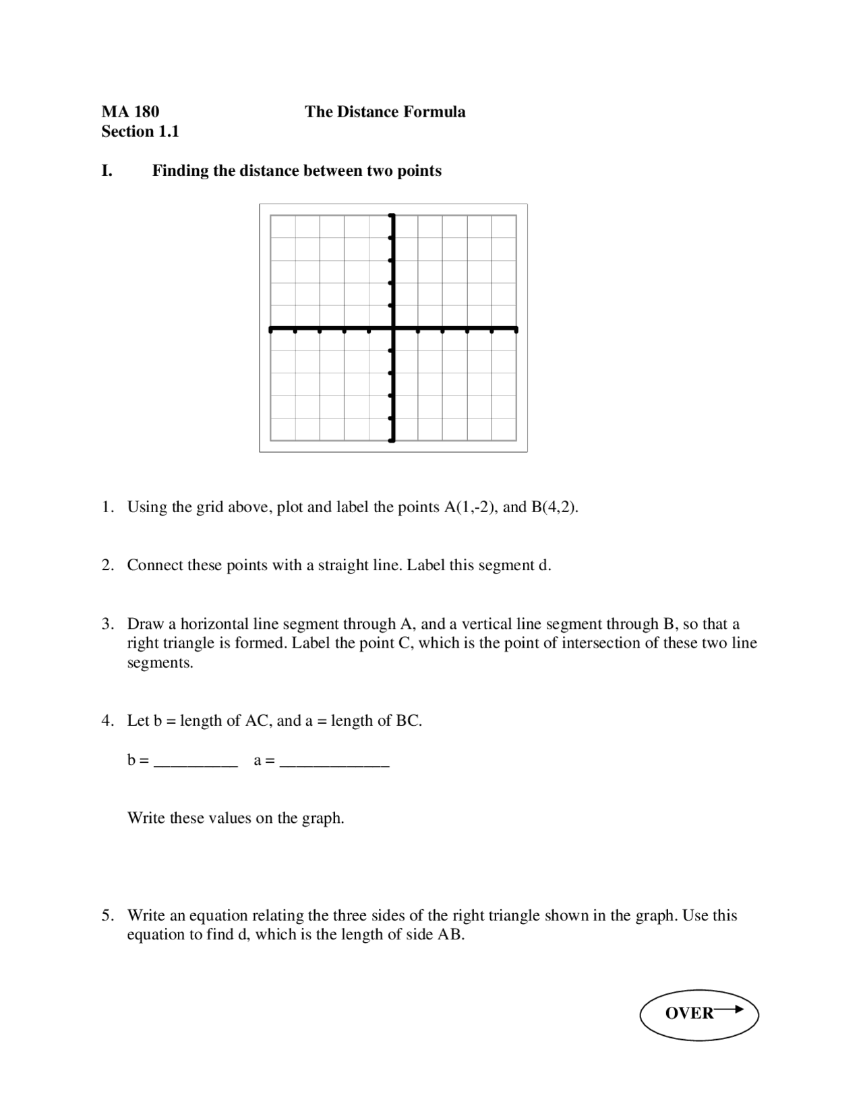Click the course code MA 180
[130, 112]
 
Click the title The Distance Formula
[384, 112]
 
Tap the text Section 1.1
[140, 131]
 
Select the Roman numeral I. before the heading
[107, 171]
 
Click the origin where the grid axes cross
[392, 329]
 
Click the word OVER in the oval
[688, 1014]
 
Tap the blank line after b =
[196, 763]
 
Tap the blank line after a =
[334, 763]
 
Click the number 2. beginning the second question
[108, 565]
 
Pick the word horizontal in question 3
[214, 624]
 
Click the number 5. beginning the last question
[108, 916]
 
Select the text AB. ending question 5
[451, 935]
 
